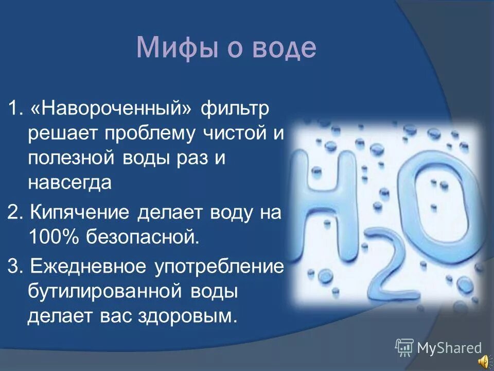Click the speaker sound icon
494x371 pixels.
click(484, 362)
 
